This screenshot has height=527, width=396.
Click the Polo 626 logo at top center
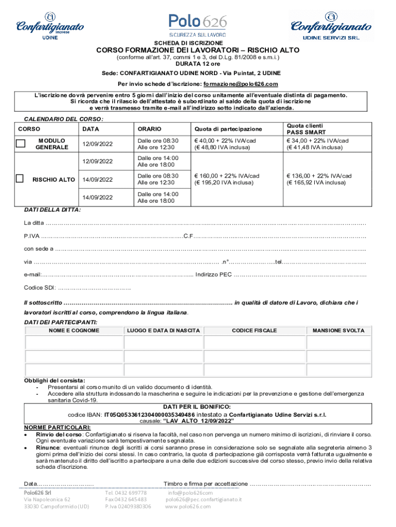(197, 23)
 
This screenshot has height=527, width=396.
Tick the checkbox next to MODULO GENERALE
(21, 144)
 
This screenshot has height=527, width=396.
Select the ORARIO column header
(149, 129)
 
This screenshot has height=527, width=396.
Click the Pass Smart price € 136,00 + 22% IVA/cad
(319, 175)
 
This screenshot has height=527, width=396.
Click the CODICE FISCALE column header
(254, 330)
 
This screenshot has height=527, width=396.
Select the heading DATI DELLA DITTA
(52, 210)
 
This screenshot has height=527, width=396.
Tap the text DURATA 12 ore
(197, 64)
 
